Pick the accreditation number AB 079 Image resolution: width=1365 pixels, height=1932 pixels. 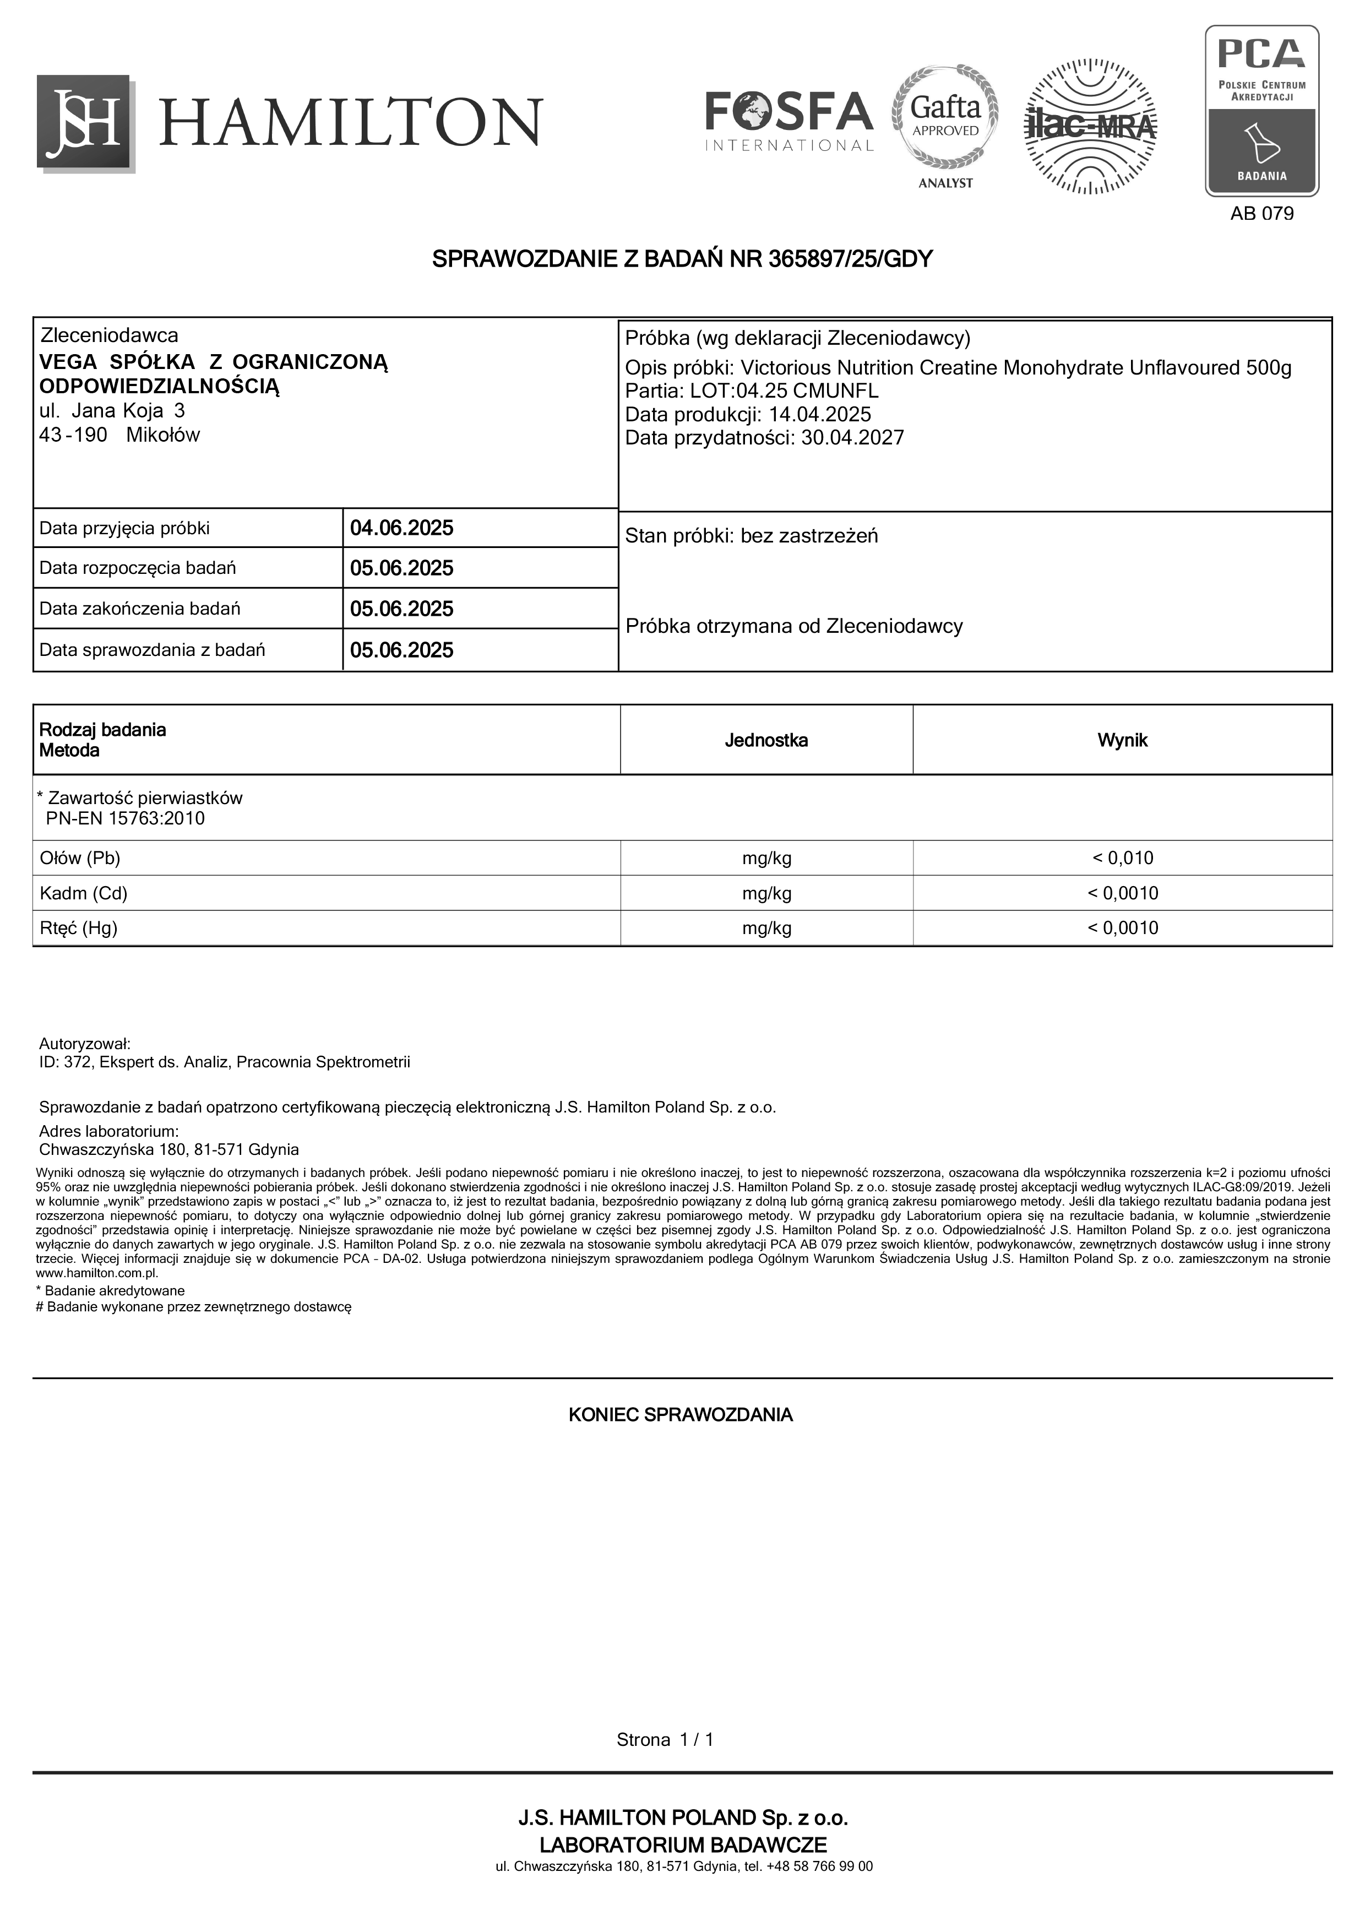(x=1261, y=214)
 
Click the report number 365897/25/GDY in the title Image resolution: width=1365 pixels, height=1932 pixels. (x=850, y=259)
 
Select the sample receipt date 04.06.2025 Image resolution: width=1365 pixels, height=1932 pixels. (x=401, y=529)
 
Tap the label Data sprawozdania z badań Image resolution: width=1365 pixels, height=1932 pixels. (x=152, y=650)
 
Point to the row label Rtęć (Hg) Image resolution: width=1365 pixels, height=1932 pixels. (x=79, y=928)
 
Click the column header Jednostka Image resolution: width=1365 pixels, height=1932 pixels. (x=766, y=741)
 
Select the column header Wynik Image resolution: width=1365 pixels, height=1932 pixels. (x=1122, y=741)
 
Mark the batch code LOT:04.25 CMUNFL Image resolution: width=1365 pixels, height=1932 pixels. (x=784, y=391)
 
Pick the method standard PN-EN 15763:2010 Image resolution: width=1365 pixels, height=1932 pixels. (x=126, y=819)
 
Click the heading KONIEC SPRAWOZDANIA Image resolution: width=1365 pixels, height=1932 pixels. (x=681, y=1414)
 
